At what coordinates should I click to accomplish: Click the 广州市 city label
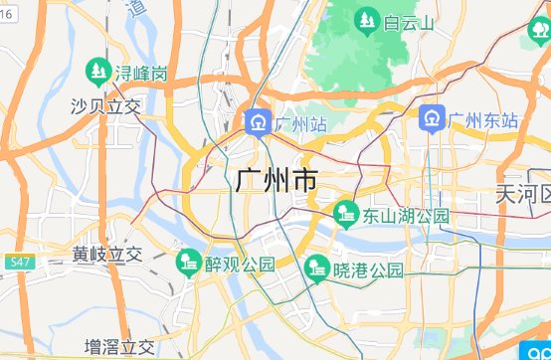[x=277, y=182]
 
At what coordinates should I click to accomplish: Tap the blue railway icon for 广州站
[x=258, y=123]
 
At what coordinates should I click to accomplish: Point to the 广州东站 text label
[x=483, y=120]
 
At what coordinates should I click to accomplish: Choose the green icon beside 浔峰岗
[x=97, y=72]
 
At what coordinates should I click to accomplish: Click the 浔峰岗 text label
[x=140, y=74]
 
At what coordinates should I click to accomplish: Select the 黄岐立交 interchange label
[x=108, y=255]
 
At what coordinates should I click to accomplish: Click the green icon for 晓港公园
[x=316, y=268]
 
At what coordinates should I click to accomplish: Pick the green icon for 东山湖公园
[x=345, y=213]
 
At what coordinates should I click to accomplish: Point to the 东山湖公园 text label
[x=406, y=215]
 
